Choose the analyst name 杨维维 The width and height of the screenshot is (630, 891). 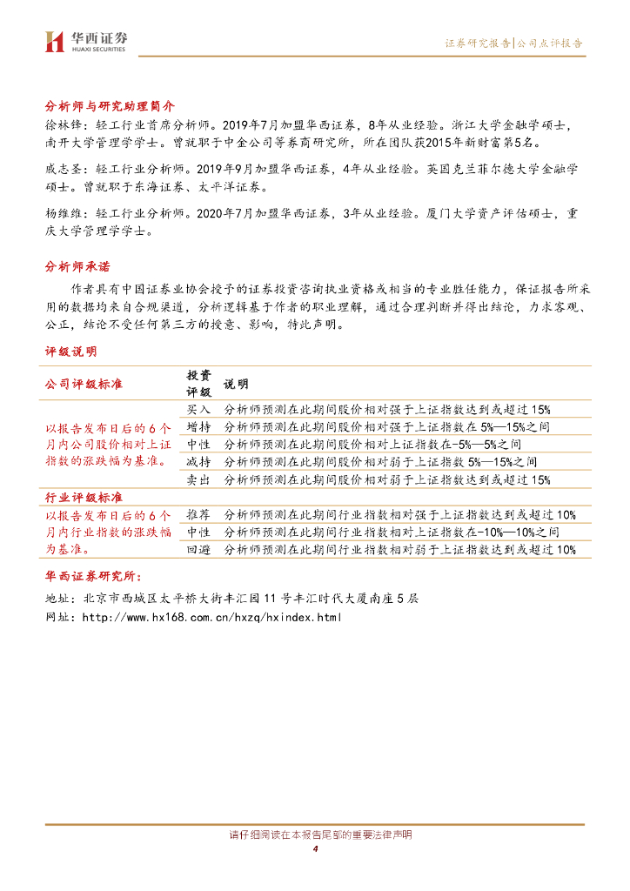[x=61, y=213]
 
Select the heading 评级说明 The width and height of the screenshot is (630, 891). [x=71, y=351]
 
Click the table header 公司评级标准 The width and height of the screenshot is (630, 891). [x=84, y=383]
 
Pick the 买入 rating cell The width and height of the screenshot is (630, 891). [x=198, y=409]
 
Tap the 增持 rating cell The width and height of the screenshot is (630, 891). [x=198, y=426]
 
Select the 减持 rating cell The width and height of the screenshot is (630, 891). [x=198, y=461]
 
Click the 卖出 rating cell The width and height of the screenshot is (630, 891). [x=198, y=479]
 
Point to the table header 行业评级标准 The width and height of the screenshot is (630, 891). [x=84, y=497]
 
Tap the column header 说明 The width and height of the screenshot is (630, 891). [x=237, y=384]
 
